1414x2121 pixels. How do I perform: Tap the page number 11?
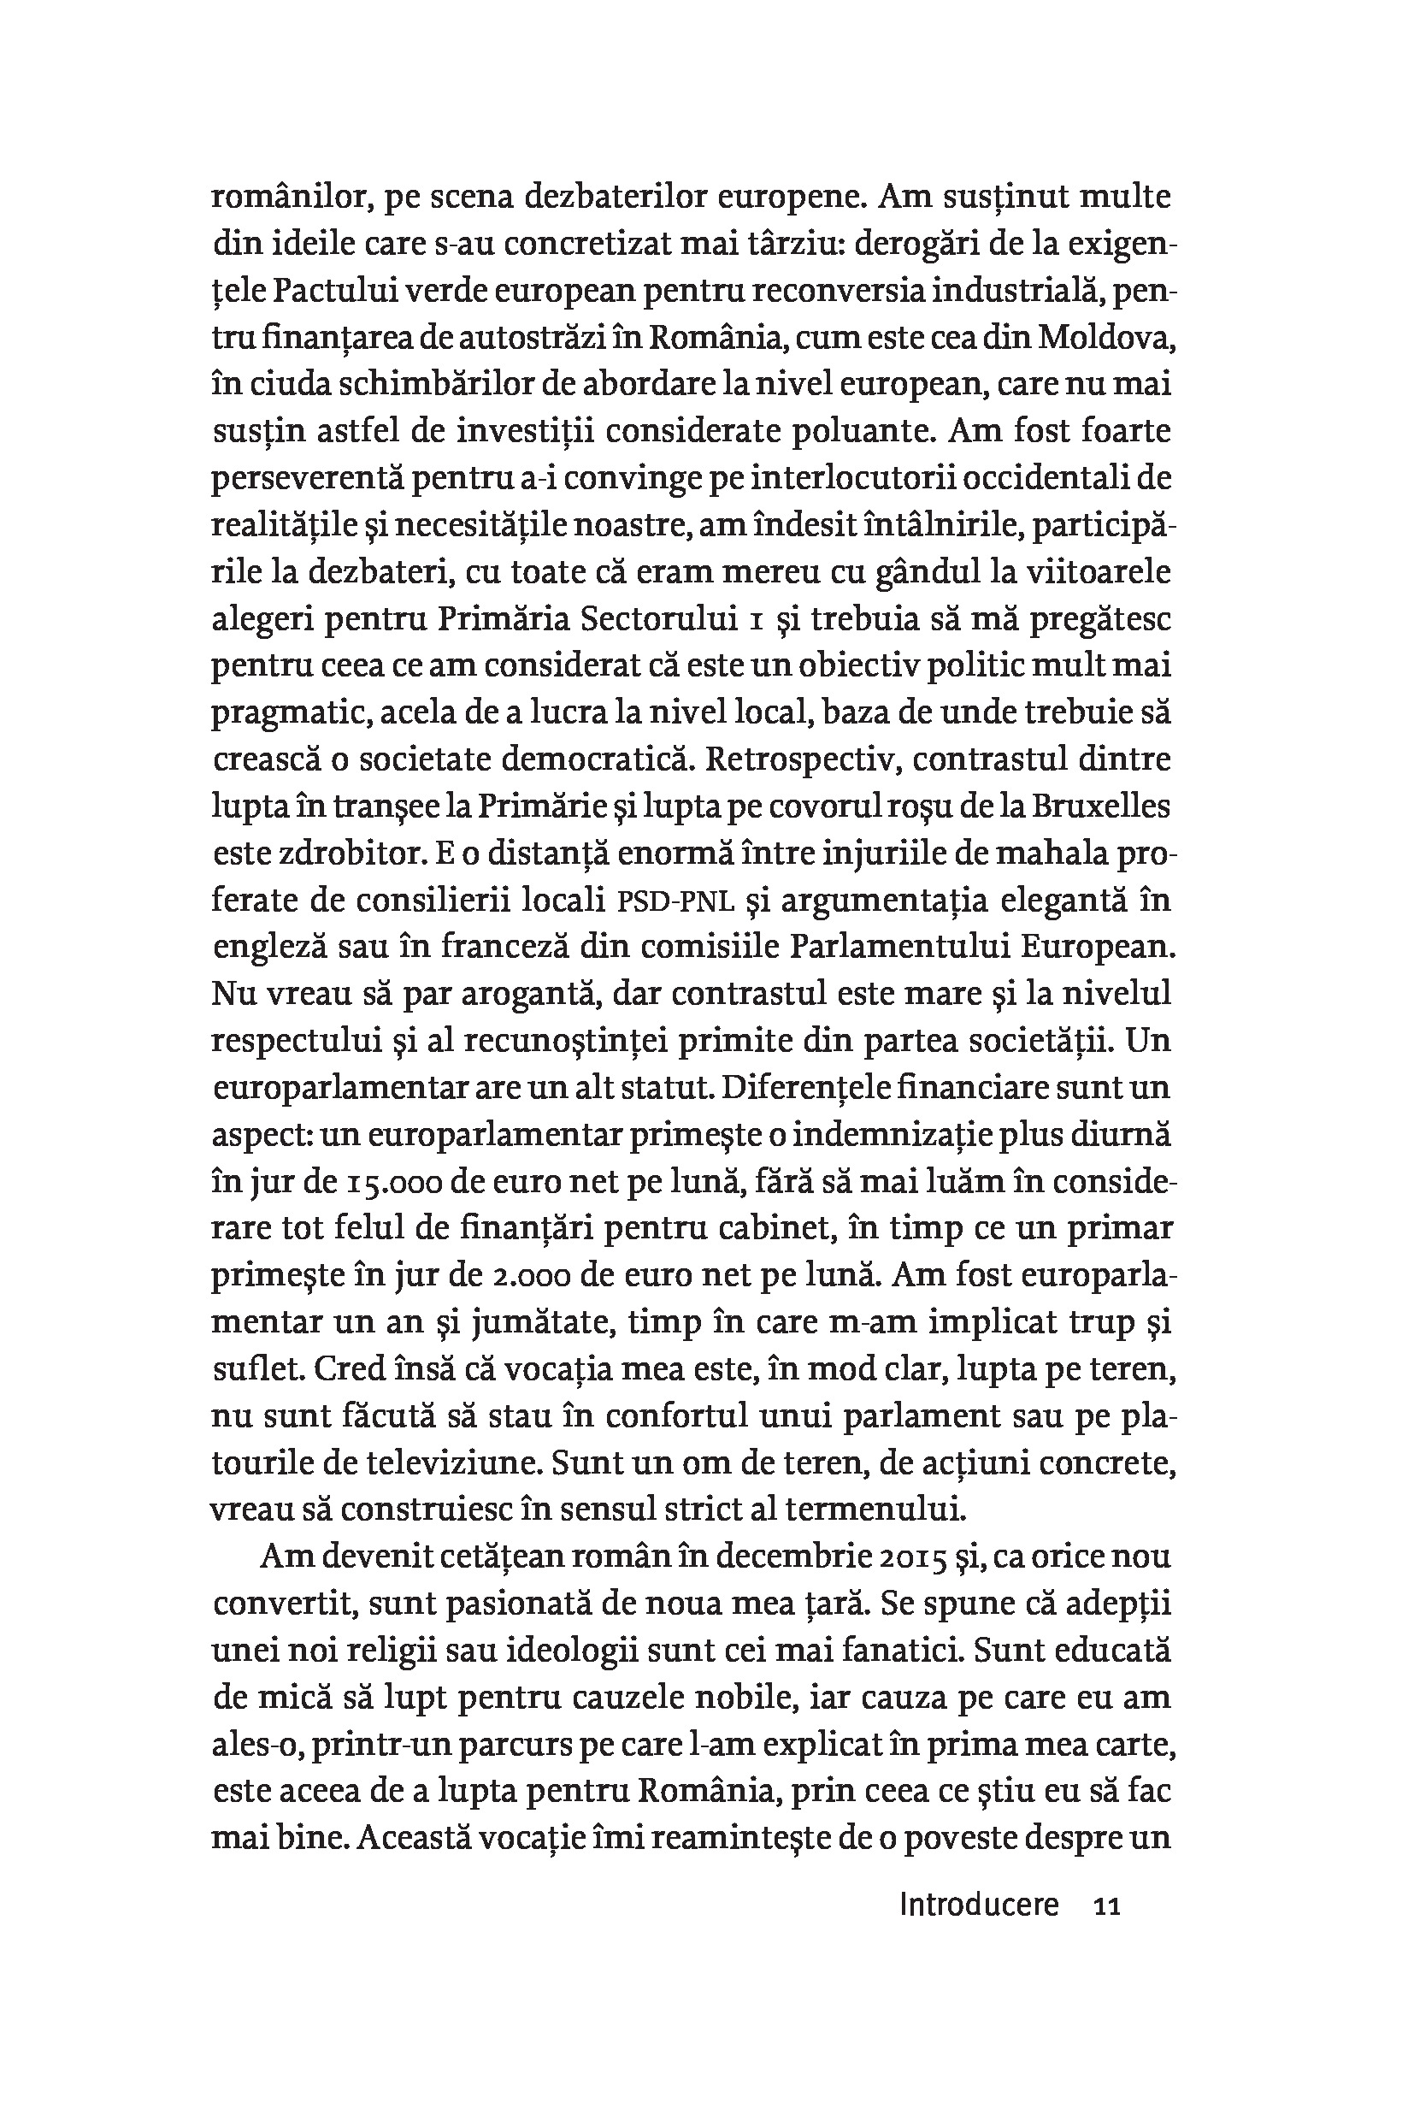pyautogui.click(x=1105, y=1906)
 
